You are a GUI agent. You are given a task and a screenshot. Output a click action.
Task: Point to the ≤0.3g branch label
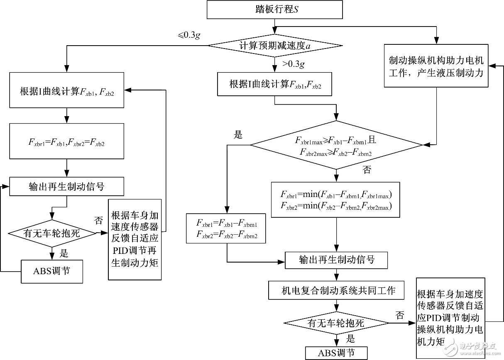click(x=189, y=35)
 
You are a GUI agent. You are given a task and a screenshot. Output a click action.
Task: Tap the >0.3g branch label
click(x=294, y=64)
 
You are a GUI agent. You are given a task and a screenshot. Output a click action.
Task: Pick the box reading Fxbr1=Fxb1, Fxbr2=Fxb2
click(x=66, y=141)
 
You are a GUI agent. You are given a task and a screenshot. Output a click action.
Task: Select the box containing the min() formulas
click(x=335, y=199)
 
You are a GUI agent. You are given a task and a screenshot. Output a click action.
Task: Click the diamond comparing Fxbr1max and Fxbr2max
click(x=335, y=145)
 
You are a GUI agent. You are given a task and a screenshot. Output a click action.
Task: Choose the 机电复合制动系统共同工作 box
click(x=336, y=291)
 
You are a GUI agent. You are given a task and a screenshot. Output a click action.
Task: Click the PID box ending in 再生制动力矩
click(x=135, y=239)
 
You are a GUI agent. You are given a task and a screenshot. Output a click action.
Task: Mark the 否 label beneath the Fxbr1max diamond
click(x=367, y=170)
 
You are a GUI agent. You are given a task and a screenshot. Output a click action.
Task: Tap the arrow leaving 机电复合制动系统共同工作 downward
click(x=336, y=306)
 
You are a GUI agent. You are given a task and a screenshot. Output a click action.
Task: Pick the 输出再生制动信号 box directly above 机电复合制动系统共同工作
click(x=336, y=260)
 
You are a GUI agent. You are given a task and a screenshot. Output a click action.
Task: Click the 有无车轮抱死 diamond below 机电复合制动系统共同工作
click(x=336, y=323)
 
